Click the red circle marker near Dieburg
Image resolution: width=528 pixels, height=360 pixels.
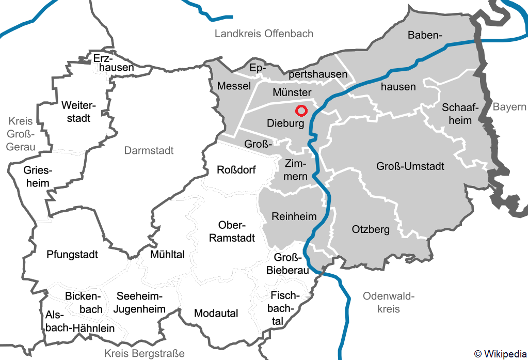pos(301,111)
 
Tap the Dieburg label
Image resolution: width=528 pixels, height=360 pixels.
pos(285,123)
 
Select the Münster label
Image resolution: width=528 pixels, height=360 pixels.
pos(292,92)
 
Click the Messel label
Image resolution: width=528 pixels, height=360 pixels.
pos(234,86)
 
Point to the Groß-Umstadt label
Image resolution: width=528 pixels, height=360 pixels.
pos(410,167)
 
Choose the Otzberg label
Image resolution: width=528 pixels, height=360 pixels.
pos(370,229)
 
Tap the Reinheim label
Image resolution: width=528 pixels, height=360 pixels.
pos(294,216)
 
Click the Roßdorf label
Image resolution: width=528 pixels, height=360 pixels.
pos(236,170)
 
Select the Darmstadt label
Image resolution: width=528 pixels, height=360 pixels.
pos(149,151)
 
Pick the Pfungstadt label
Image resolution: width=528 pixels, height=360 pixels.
pos(72,255)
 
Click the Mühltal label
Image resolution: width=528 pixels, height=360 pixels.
pos(167,255)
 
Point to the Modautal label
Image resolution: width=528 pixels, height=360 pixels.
pos(216,314)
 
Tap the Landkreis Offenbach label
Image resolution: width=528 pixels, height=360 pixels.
pos(264,34)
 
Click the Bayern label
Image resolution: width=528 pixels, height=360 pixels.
pos(509,107)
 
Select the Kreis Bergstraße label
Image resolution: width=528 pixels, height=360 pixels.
pos(144,354)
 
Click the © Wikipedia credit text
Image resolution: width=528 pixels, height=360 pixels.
pos(500,354)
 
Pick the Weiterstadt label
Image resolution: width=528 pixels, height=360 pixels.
pos(75,112)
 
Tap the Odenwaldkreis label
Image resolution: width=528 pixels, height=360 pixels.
pos(389,303)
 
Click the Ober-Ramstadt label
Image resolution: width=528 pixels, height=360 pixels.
pos(236,232)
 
